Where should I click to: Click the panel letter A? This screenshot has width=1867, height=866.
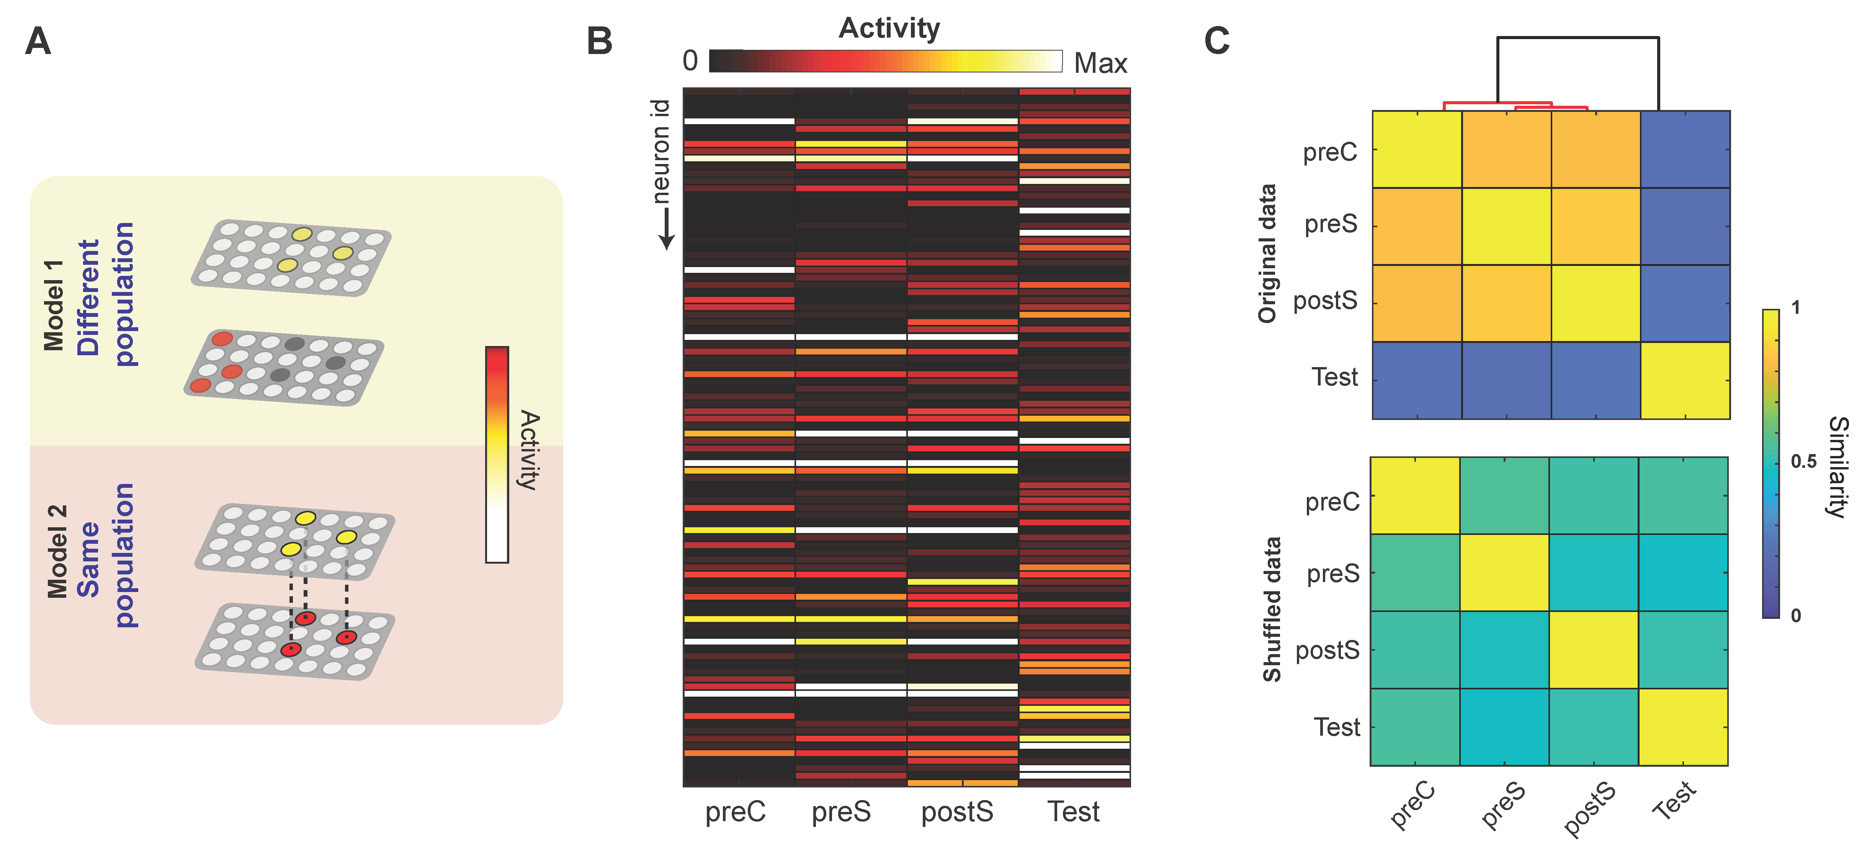(38, 41)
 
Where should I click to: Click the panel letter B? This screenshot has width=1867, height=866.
(599, 41)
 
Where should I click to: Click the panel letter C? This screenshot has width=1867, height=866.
(1217, 41)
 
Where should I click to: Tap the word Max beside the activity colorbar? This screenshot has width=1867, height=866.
(1100, 64)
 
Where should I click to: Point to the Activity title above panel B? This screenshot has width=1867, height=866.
(889, 28)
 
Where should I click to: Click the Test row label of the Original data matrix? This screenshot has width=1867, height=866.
(1334, 377)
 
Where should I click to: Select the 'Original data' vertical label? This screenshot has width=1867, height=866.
(1267, 253)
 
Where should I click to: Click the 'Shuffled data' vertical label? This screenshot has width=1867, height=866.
(1272, 609)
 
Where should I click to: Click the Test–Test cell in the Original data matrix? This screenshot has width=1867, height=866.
(1685, 380)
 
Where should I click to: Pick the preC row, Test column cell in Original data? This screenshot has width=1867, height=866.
(1685, 149)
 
